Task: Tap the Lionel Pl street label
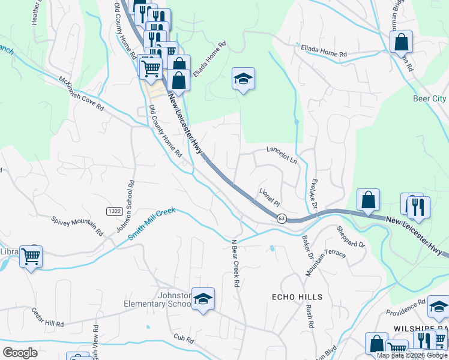[x=270, y=197]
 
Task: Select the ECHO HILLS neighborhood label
[x=297, y=297]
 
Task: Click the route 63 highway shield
[x=281, y=218]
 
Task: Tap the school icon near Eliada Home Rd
[x=243, y=79]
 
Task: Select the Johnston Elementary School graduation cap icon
[x=203, y=299]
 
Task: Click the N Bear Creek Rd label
[x=236, y=262]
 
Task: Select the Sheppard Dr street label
[x=351, y=236]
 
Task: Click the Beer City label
[x=430, y=98]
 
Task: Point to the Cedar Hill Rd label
[x=49, y=317]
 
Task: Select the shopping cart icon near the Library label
[x=31, y=257]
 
